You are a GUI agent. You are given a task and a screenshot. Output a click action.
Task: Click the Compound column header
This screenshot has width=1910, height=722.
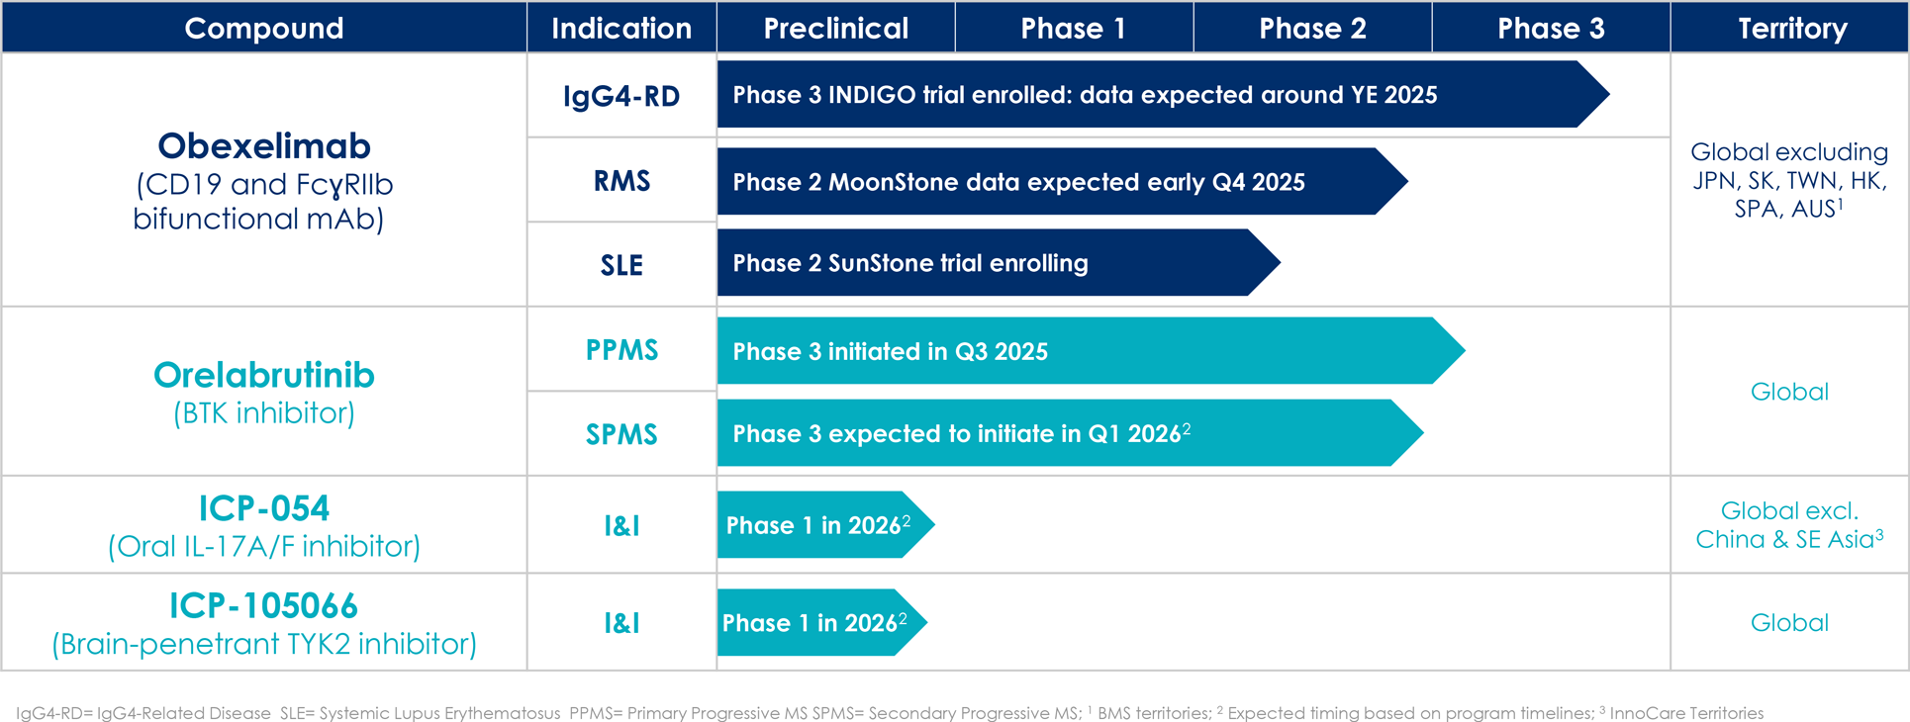(264, 28)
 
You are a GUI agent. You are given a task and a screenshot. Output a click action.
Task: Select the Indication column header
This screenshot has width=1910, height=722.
(621, 28)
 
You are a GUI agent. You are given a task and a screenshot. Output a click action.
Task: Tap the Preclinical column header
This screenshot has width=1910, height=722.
(836, 28)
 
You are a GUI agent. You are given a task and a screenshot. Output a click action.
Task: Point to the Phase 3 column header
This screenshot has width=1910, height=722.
(1551, 28)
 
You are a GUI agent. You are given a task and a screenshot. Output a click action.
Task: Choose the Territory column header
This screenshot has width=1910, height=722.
(1792, 28)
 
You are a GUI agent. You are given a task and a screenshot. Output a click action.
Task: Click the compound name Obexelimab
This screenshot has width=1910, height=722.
(264, 145)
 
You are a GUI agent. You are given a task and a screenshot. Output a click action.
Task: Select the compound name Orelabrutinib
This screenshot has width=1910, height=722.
(264, 375)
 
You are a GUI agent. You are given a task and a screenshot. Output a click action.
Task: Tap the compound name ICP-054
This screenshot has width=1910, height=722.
(264, 508)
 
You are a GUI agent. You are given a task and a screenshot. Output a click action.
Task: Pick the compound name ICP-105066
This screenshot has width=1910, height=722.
(264, 605)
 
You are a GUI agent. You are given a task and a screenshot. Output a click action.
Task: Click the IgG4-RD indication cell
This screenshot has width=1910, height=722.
(621, 96)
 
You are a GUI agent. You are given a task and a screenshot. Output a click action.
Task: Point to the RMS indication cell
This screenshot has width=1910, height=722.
(621, 181)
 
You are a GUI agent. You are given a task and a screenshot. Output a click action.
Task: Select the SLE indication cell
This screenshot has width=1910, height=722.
(621, 265)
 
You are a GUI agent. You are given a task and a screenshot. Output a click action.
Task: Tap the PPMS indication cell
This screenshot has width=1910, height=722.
(621, 350)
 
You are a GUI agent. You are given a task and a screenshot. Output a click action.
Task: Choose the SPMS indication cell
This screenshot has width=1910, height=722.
(621, 434)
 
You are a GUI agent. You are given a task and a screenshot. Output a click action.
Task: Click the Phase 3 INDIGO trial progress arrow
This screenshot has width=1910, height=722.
(1163, 94)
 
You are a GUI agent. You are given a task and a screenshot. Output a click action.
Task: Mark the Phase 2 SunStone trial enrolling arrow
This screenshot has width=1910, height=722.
(999, 262)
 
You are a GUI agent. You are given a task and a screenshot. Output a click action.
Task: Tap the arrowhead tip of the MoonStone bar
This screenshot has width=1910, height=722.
(1407, 181)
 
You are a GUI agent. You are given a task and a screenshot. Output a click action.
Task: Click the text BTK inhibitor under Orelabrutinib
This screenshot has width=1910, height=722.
(264, 413)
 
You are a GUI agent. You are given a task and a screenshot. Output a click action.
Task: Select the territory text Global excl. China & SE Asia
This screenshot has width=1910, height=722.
(1789, 524)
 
